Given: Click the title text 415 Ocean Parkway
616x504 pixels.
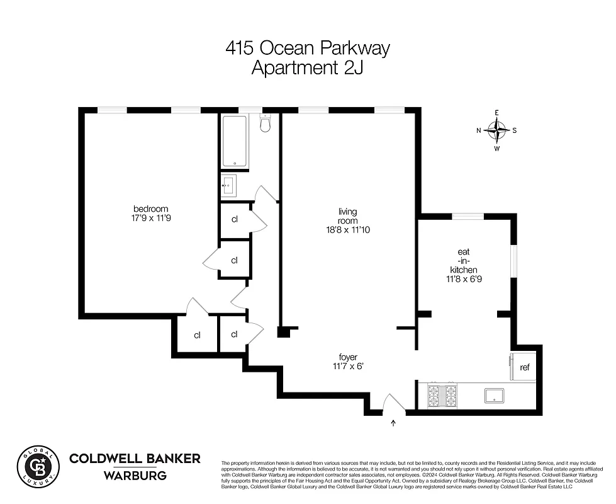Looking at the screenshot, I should coord(308,48).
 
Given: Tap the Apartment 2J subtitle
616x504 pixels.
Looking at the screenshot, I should coord(308,67).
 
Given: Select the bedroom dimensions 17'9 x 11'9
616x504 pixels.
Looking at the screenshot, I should coord(150,219).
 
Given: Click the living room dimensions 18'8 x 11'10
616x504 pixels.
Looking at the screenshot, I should coord(347,230).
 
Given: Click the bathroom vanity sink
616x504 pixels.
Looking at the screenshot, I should coord(228,186).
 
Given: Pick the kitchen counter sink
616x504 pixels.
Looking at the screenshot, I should coord(494,396).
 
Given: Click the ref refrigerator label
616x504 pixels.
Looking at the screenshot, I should coord(524,367).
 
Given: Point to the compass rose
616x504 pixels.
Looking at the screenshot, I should coord(497,130).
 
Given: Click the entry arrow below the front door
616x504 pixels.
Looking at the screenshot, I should coord(394,423).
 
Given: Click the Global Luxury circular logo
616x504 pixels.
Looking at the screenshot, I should coord(38,467).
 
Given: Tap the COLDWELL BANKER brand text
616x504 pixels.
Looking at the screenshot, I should coord(135,458).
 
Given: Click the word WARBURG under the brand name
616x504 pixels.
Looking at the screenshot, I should coord(135,476).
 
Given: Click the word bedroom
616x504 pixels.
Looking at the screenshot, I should coord(150,209).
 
